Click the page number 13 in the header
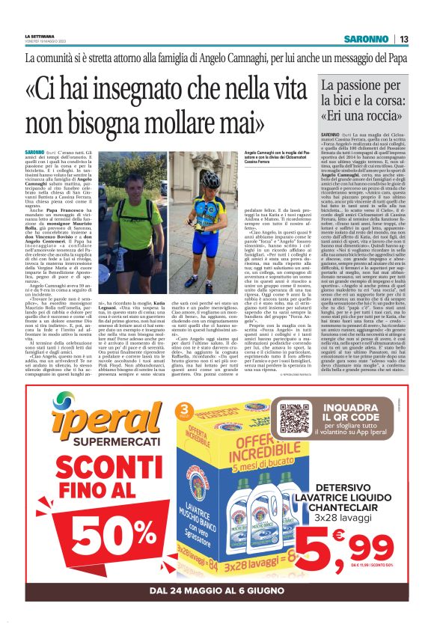[403, 39]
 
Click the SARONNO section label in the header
[366, 39]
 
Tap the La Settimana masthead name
[38, 36]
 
